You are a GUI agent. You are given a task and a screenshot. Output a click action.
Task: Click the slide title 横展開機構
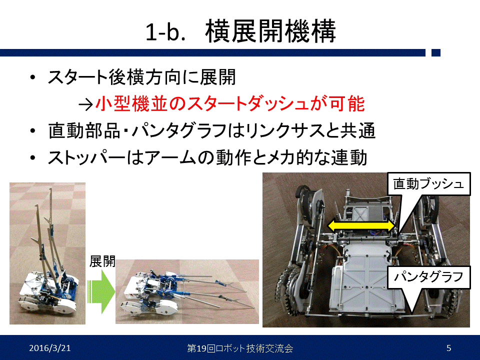(270, 31)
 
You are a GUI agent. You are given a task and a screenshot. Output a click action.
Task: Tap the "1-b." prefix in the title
(165, 32)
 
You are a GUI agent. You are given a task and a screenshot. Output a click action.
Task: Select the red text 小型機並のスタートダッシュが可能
(230, 103)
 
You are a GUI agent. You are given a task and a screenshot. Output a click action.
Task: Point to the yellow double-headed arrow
(361, 225)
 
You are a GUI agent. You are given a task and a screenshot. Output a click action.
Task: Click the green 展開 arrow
(101, 291)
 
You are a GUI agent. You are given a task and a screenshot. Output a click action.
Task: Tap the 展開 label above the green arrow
(102, 261)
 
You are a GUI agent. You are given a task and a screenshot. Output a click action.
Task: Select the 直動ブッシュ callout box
(428, 183)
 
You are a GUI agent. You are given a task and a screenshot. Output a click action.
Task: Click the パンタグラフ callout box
(428, 277)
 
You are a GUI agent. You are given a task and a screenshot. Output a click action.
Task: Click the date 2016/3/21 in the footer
(50, 348)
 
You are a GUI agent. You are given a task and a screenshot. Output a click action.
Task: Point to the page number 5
(449, 348)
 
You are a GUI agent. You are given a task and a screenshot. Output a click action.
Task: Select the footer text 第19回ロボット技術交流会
(240, 348)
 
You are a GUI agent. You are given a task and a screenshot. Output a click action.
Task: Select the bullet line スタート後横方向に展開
(141, 77)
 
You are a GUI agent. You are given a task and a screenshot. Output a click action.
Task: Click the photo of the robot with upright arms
(47, 253)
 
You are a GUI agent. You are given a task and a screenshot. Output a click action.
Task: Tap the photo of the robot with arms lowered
(187, 291)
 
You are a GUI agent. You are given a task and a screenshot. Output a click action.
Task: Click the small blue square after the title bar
(436, 52)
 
